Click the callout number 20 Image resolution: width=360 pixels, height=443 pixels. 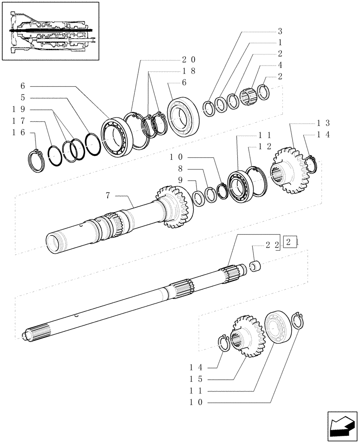coord(188,59)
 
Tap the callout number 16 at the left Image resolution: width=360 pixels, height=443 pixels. coord(26,132)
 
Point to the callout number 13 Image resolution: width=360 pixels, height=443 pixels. coord(323,123)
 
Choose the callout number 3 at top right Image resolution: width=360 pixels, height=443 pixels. coord(280,31)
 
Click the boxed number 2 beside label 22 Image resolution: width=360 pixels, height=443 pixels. coord(288,243)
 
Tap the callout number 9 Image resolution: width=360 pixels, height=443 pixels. coord(180,180)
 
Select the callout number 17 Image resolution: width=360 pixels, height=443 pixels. coord(26,120)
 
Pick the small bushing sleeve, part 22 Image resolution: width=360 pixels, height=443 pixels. coord(257,266)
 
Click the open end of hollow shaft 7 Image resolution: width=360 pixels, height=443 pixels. coord(55,244)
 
